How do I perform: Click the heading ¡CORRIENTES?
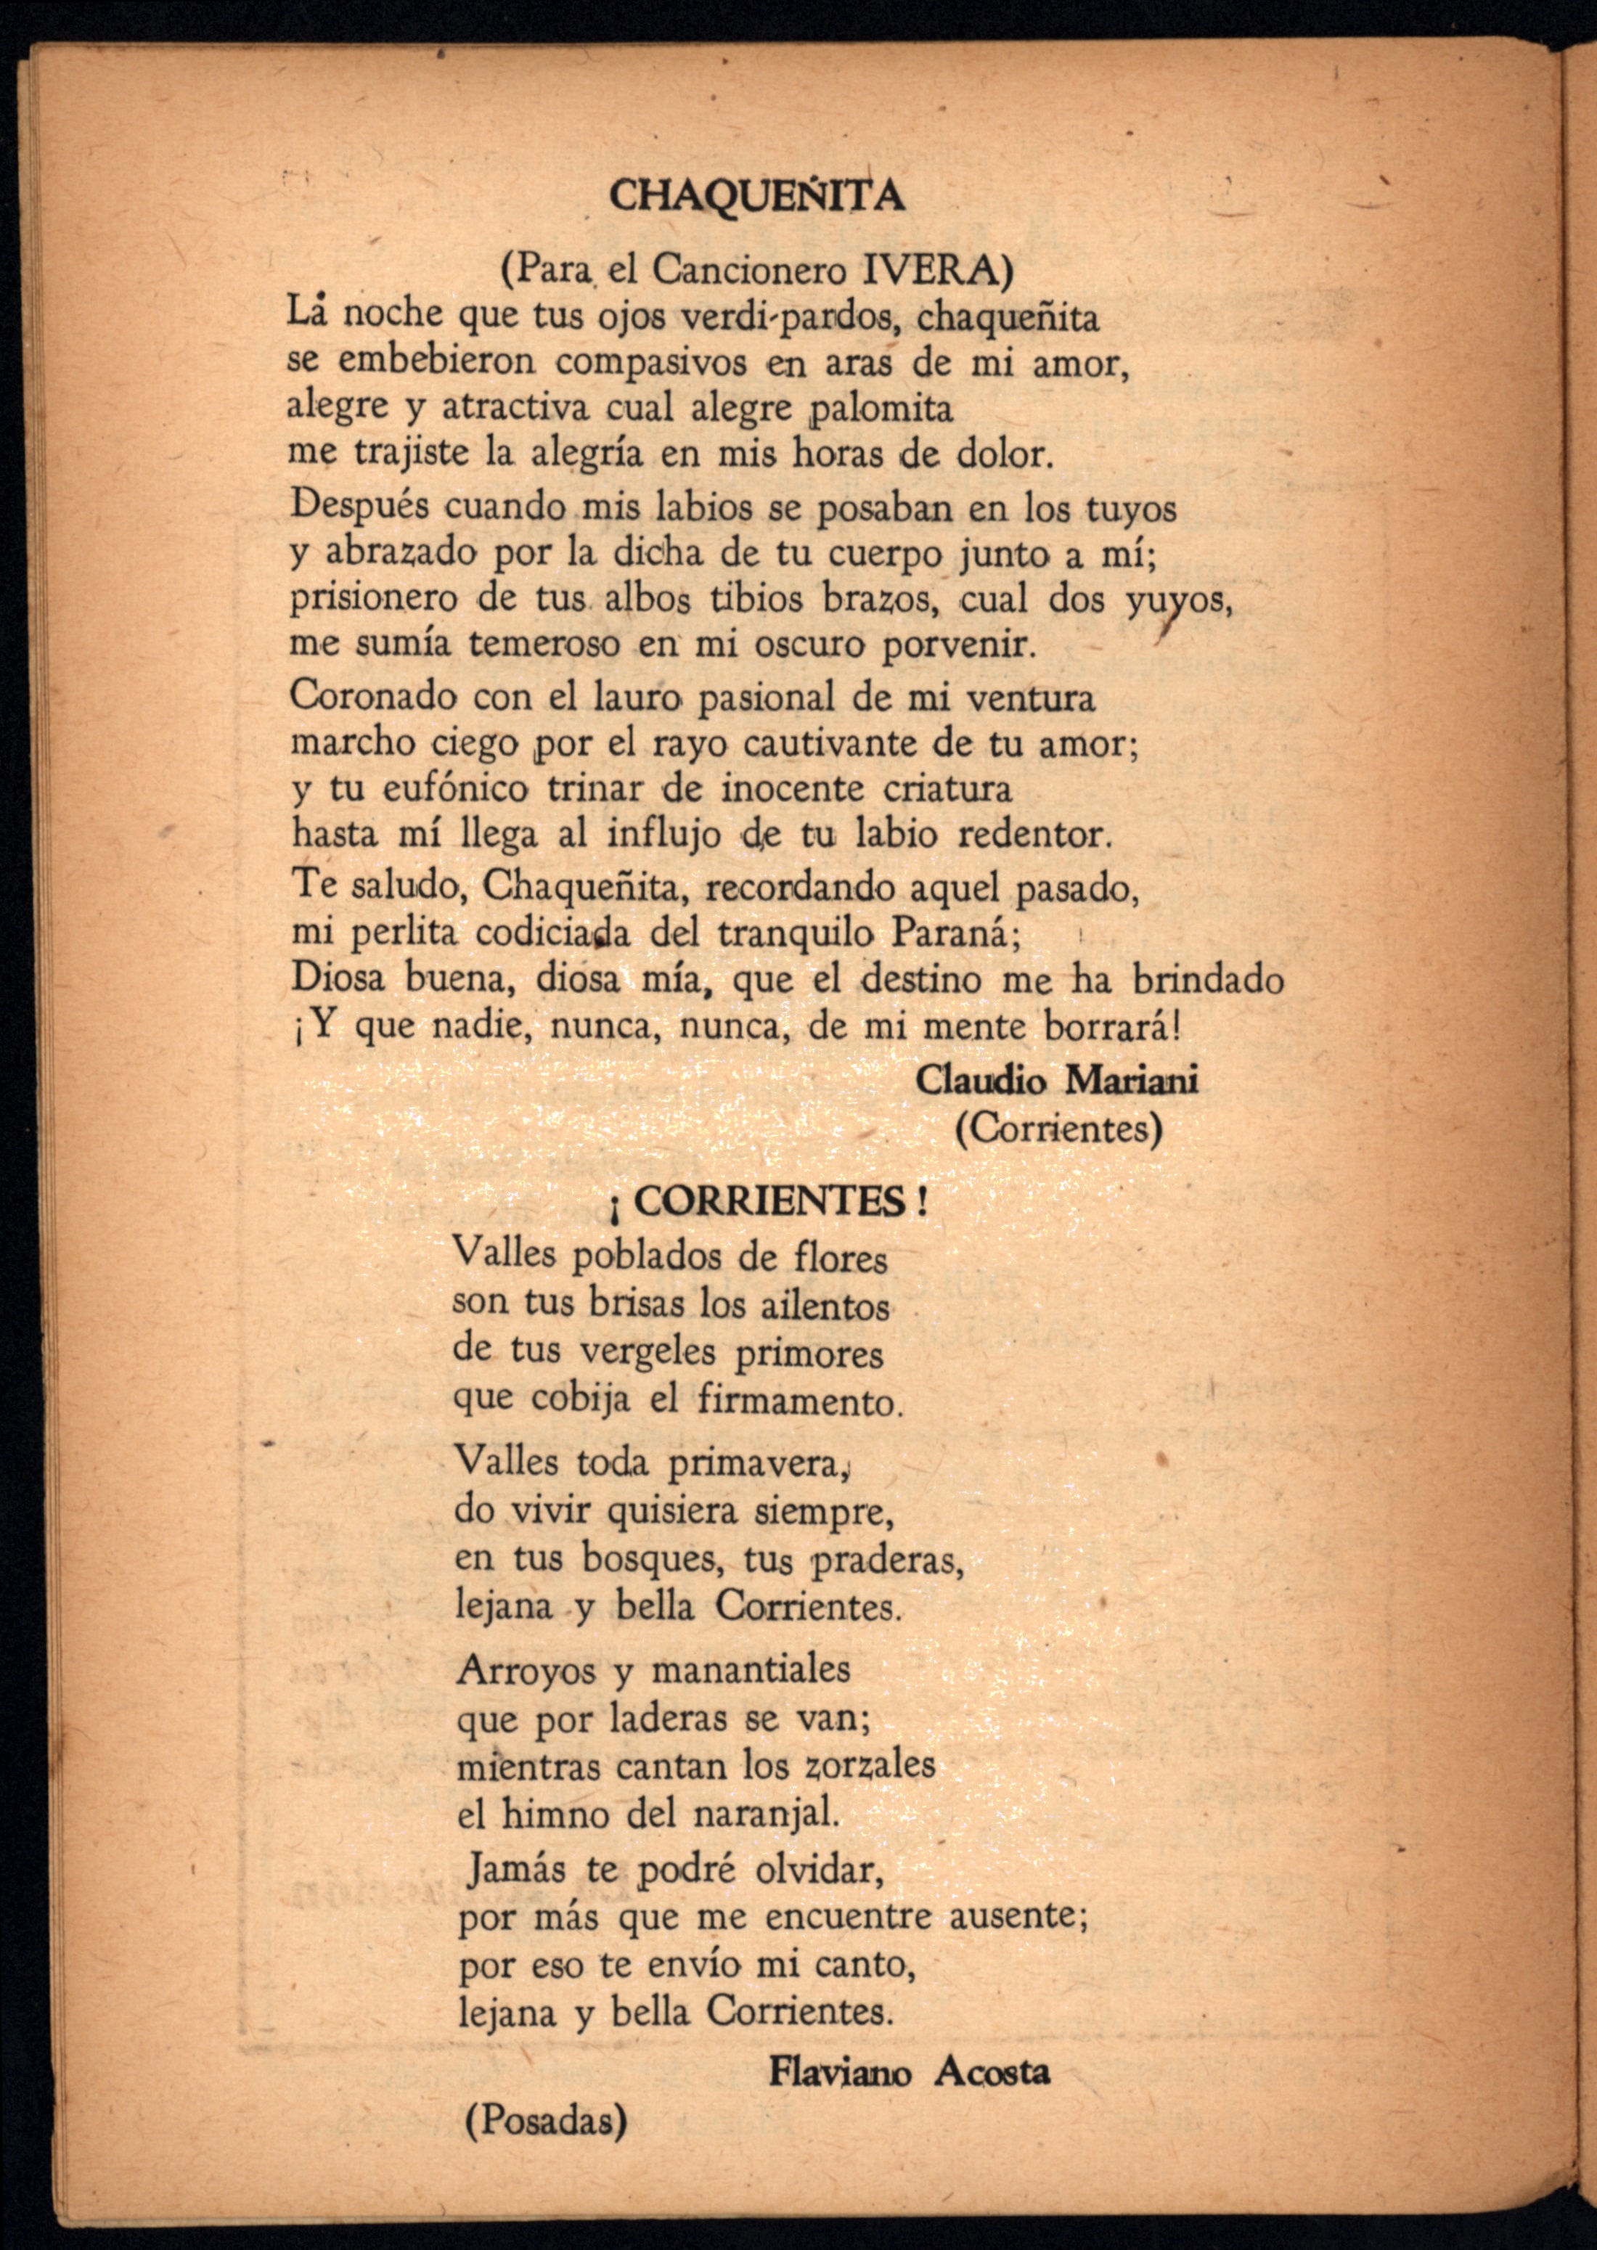[x=768, y=1201]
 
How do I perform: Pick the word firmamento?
[x=798, y=1400]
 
